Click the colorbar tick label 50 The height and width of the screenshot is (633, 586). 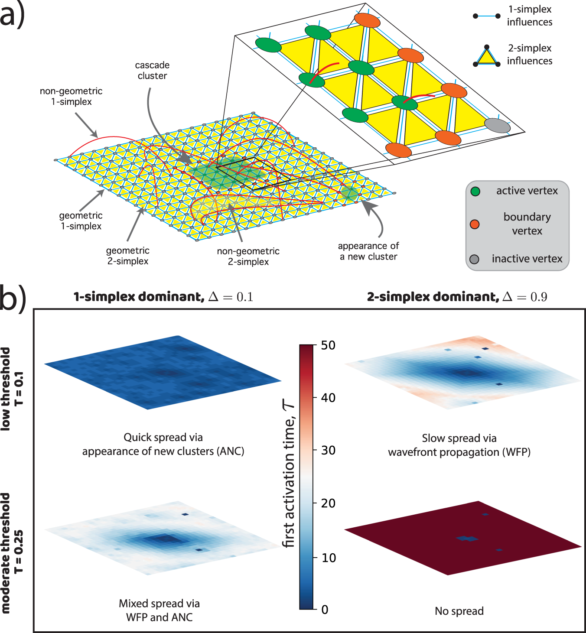(x=328, y=345)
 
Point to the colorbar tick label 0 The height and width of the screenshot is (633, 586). (x=325, y=610)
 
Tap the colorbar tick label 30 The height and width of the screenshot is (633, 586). (x=328, y=451)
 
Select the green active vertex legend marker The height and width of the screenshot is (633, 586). (x=475, y=191)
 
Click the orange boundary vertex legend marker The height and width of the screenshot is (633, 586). (x=475, y=224)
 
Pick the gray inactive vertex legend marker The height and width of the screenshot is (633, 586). (x=474, y=259)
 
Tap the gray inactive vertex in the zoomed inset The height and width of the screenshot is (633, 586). (x=497, y=126)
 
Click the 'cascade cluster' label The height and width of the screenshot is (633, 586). (x=152, y=70)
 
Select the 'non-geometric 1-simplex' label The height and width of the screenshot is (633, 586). (x=71, y=96)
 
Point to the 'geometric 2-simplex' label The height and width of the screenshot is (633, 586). (x=128, y=256)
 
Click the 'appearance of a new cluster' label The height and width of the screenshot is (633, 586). (x=368, y=251)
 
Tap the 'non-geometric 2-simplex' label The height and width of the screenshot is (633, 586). (x=248, y=256)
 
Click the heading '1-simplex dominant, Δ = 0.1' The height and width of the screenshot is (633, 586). (x=163, y=297)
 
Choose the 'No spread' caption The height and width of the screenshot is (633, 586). (x=459, y=611)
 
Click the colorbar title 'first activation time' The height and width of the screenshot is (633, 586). (x=289, y=474)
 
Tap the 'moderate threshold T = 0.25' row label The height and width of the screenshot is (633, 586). (x=12, y=552)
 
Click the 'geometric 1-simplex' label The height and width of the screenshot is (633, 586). (x=81, y=221)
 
